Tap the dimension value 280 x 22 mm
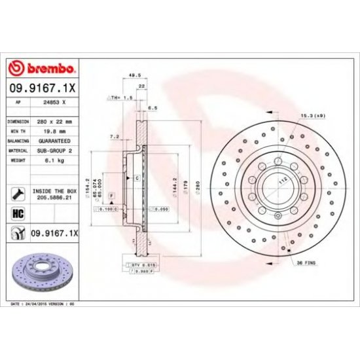click(55, 122)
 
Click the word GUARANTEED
click(55, 140)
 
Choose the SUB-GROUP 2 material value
click(55, 149)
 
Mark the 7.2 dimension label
click(113, 137)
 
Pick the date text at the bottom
click(45, 305)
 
